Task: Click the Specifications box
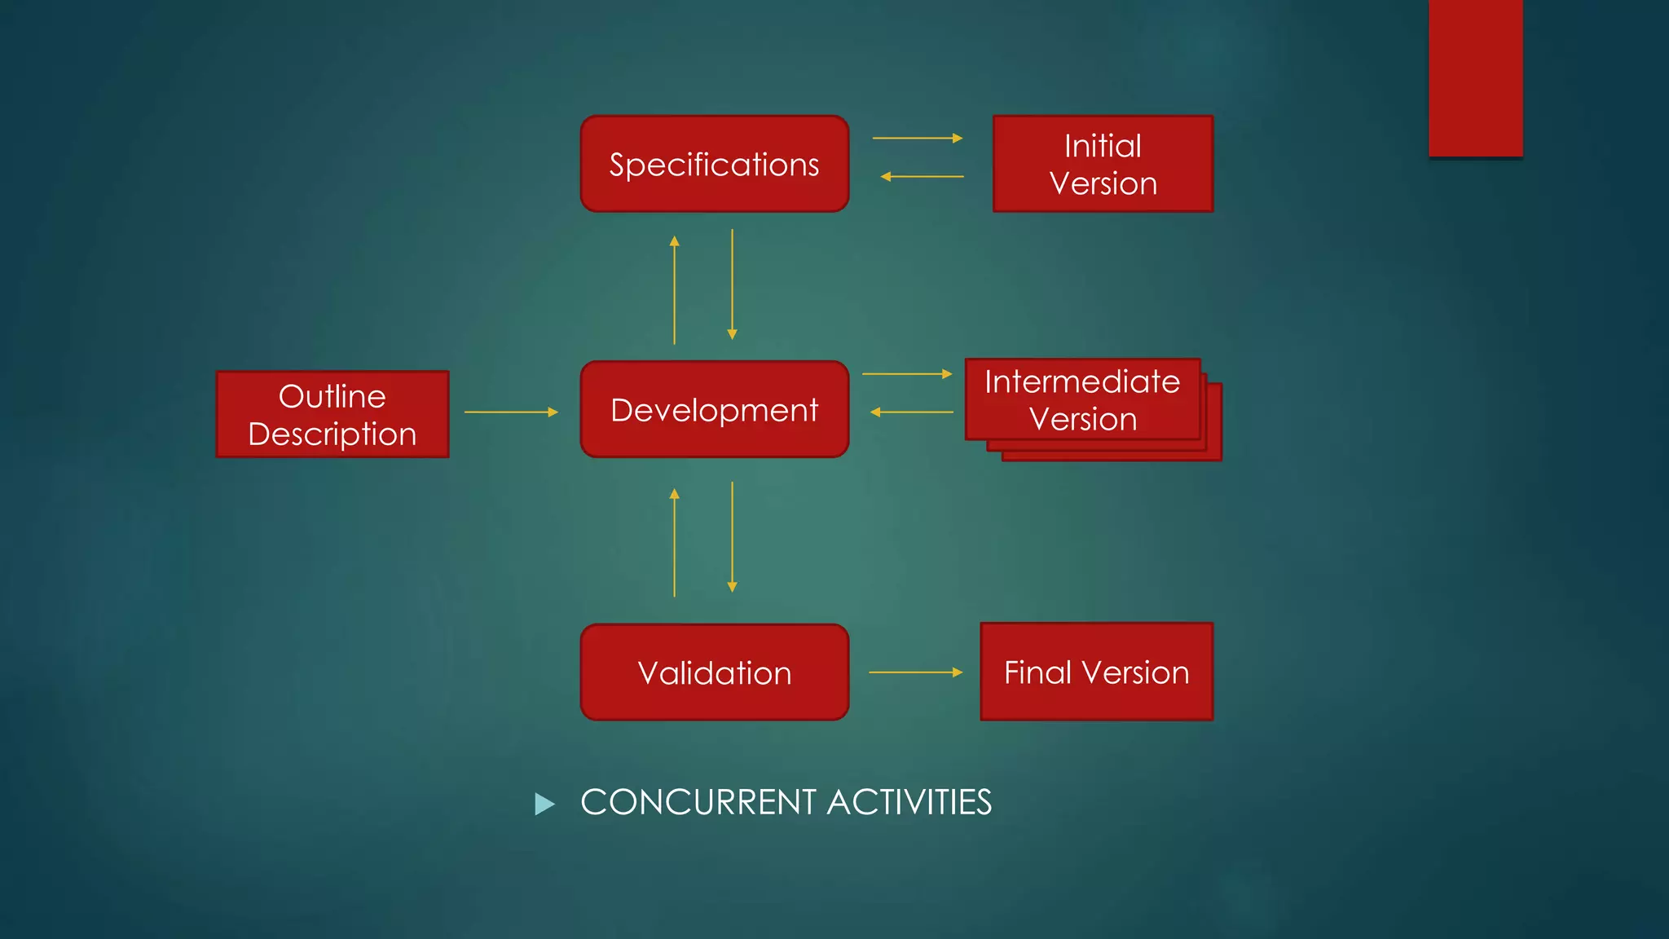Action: click(x=714, y=164)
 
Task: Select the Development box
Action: click(x=714, y=409)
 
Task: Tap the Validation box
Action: click(x=714, y=672)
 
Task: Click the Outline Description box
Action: click(x=332, y=414)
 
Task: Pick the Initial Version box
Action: click(x=1103, y=164)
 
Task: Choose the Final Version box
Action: click(x=1096, y=672)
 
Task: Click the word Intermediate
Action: click(x=1081, y=381)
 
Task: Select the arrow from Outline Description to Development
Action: click(x=511, y=412)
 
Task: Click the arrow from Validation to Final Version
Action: click(x=915, y=672)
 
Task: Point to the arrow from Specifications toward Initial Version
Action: click(x=917, y=139)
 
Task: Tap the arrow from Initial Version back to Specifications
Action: click(x=922, y=176)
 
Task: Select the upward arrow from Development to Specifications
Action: click(x=674, y=290)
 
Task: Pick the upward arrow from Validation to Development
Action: click(x=674, y=543)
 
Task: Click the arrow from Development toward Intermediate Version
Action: click(x=906, y=374)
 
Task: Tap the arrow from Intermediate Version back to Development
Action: click(x=911, y=412)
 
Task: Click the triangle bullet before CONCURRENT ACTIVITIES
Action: click(x=544, y=805)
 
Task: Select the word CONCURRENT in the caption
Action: click(x=698, y=802)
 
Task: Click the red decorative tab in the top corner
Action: click(x=1475, y=77)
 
